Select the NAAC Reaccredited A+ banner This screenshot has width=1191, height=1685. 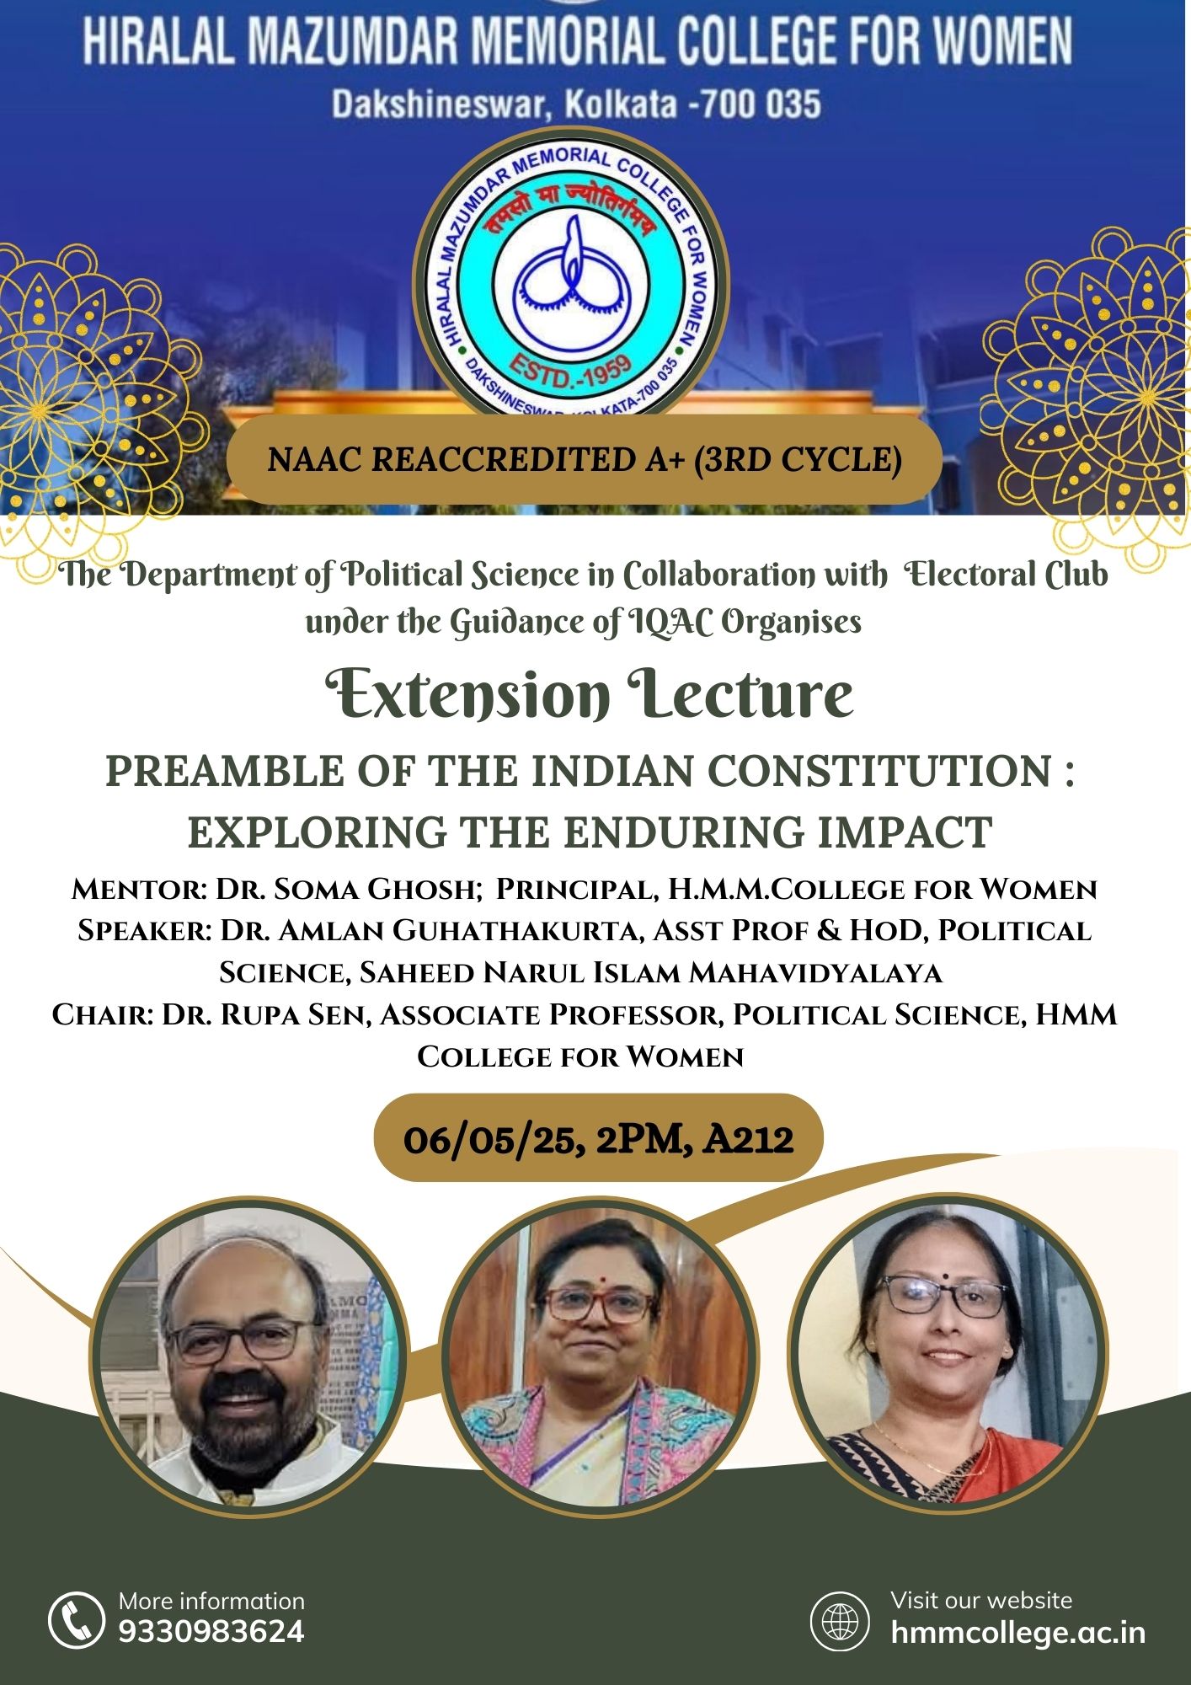coord(585,459)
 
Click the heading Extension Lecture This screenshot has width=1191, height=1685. coord(590,694)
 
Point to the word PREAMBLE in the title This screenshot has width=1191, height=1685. coord(225,771)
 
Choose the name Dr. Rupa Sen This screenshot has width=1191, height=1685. coord(266,1014)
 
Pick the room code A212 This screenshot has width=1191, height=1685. coord(749,1139)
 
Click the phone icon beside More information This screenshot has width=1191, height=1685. coord(76,1619)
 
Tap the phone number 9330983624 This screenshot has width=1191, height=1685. coord(211,1632)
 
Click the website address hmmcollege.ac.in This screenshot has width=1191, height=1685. coord(1018,1633)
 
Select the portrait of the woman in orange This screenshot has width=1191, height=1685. coord(948,1352)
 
